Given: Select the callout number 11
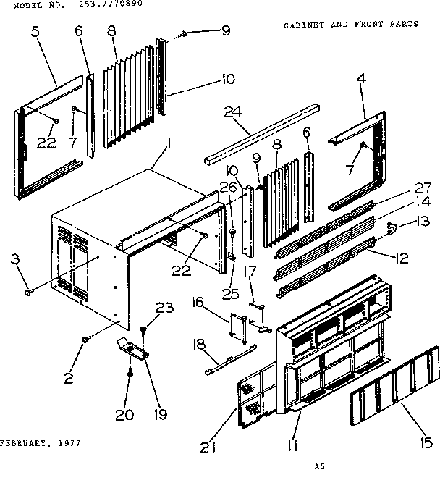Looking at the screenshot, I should (292, 445).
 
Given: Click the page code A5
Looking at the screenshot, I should (318, 467).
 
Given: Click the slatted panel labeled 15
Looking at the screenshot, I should (394, 395).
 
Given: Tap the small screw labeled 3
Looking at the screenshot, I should (27, 291).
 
